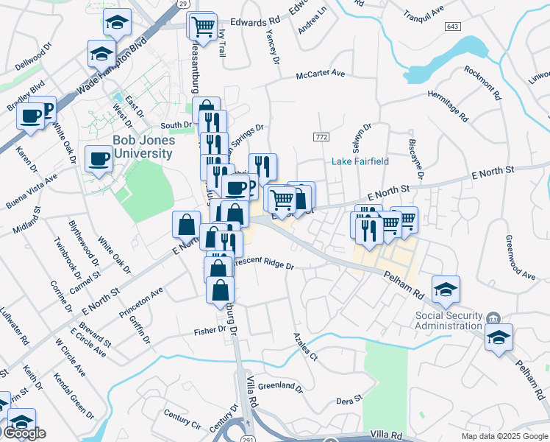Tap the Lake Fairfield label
click(x=360, y=161)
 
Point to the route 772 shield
click(x=320, y=137)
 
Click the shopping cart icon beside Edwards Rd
click(x=203, y=27)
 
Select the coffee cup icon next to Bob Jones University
click(x=99, y=158)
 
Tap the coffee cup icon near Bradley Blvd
click(x=31, y=116)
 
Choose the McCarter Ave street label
click(x=320, y=74)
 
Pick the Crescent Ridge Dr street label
click(x=263, y=264)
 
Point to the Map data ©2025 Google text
click(x=504, y=436)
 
